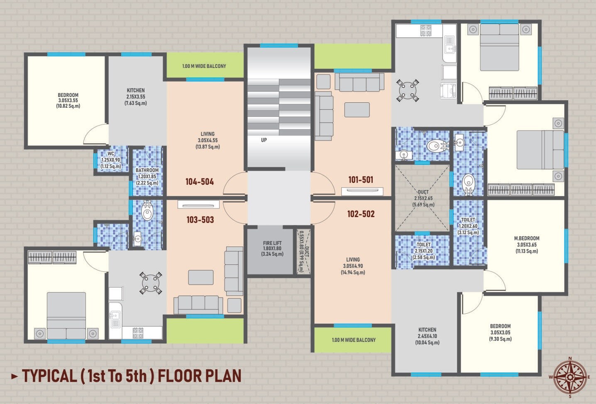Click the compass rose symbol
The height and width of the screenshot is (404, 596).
click(570, 377)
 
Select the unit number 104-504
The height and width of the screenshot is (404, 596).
click(200, 181)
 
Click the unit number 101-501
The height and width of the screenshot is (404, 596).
click(361, 179)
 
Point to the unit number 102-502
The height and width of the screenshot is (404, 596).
click(361, 214)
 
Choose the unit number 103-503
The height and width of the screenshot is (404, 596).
click(200, 220)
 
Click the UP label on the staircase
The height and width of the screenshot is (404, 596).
click(264, 140)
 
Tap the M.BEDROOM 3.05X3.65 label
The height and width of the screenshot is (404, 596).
click(527, 244)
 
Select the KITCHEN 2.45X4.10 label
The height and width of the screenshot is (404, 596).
click(427, 336)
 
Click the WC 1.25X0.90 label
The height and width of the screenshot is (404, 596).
click(111, 160)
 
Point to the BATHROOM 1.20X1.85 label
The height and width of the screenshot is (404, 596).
click(147, 176)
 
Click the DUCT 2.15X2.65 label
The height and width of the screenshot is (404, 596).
click(423, 198)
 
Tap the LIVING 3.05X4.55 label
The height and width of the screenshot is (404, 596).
click(208, 140)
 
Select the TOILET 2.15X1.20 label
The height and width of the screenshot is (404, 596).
click(423, 251)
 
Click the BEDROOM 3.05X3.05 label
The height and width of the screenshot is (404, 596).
click(500, 332)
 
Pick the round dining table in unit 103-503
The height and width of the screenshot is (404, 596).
click(150, 283)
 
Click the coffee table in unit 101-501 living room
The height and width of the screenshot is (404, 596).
click(357, 110)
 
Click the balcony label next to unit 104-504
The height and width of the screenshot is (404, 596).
click(204, 66)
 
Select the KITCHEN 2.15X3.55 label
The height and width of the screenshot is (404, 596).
click(136, 97)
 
